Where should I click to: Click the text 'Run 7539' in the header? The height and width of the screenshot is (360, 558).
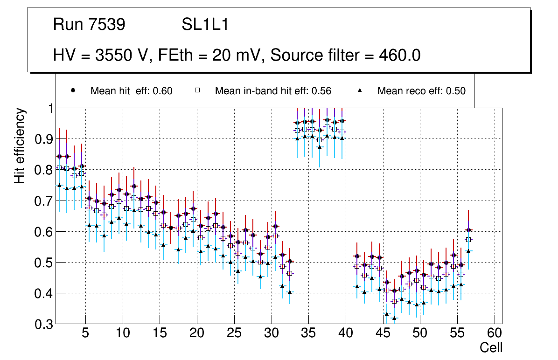click(x=89, y=25)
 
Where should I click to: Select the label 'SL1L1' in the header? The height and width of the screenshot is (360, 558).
click(x=205, y=25)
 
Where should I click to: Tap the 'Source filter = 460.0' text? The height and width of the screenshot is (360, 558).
click(x=346, y=55)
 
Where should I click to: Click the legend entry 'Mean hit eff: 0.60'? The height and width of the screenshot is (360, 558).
click(x=131, y=91)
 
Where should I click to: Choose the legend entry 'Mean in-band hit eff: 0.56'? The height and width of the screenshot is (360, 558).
click(x=273, y=91)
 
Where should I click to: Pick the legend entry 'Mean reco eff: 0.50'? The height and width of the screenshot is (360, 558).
click(x=421, y=91)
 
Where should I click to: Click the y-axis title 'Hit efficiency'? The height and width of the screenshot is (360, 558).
click(x=20, y=146)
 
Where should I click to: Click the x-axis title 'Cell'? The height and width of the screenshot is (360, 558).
click(x=491, y=347)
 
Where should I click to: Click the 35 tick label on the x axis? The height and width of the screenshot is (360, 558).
click(x=308, y=333)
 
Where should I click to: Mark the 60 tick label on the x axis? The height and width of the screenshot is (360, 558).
click(x=495, y=333)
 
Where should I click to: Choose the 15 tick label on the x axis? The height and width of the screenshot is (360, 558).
click(x=160, y=333)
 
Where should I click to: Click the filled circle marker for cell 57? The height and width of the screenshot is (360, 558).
click(x=469, y=230)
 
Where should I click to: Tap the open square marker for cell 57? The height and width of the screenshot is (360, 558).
click(x=469, y=240)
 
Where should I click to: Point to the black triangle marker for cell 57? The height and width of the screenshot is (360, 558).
click(x=469, y=251)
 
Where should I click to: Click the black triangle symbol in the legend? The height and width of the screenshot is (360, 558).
click(x=360, y=90)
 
